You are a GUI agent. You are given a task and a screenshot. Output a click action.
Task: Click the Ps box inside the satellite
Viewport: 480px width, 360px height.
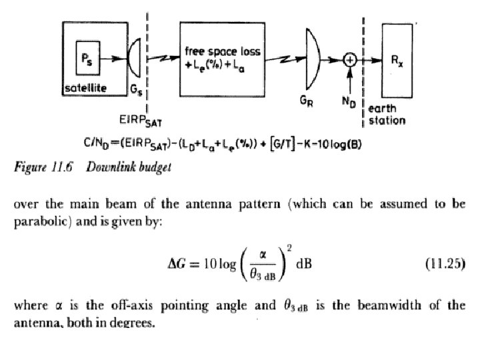click(x=87, y=58)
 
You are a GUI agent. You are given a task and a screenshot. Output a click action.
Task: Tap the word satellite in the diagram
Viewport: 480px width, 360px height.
click(x=85, y=88)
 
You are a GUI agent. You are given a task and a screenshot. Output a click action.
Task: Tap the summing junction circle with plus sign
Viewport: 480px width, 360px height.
click(x=349, y=60)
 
